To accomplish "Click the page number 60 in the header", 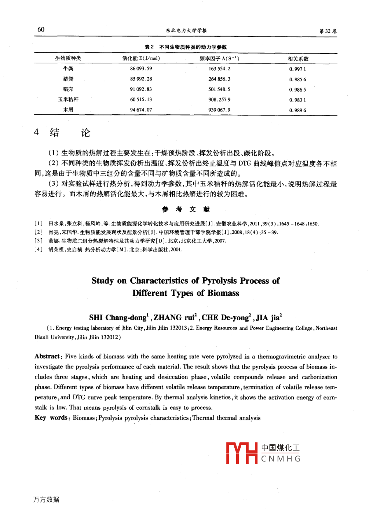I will (41, 30).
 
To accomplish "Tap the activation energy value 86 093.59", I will (141, 69).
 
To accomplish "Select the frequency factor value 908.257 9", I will (219, 99).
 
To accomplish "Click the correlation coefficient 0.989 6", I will (297, 110).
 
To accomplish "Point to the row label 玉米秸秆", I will (68, 99).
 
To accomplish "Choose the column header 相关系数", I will (298, 59).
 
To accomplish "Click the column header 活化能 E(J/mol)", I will (141, 58).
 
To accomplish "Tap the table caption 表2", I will (149, 47).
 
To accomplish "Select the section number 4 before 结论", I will (36, 132).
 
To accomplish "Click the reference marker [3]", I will (39, 241).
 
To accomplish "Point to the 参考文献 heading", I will (186, 209).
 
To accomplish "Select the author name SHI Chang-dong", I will (118, 317).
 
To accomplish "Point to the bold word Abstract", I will (47, 356).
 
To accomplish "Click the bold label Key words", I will (51, 417).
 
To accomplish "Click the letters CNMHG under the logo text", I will (281, 459).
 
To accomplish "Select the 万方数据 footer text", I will (46, 500).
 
